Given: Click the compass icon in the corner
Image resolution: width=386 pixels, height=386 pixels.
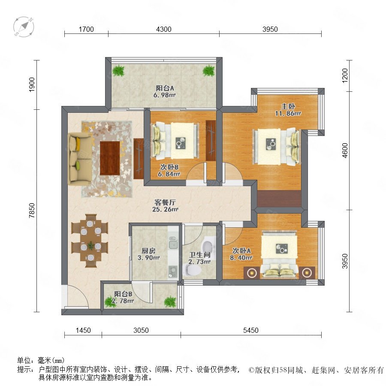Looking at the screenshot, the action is coord(24,27).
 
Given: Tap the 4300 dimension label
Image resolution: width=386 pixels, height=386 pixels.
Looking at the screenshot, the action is coord(164,29).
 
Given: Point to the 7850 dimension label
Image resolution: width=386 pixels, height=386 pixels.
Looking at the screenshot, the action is coord(32,211).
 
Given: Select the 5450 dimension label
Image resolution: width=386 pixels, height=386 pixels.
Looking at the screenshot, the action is coord(251,330).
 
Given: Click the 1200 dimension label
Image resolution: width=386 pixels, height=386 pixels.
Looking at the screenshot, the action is coord(345,75).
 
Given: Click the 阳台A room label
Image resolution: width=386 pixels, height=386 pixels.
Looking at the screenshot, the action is coord(165,88).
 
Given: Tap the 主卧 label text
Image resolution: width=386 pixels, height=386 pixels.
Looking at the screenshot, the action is coord(288,107).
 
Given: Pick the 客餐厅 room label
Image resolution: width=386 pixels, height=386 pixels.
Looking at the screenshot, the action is coord(165,202).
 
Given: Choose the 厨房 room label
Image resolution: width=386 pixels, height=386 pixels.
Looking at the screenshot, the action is coord(148,251).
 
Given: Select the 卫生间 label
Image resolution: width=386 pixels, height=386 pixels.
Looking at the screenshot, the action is coord(199,255).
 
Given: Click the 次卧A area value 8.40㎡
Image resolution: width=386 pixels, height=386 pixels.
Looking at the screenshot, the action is coord(241,258).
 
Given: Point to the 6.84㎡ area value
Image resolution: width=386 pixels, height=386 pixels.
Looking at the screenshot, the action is coord(169,174).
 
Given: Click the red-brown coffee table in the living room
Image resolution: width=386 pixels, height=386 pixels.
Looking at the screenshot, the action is coord(110,158).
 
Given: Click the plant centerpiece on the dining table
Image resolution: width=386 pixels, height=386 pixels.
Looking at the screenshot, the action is coord(91,245).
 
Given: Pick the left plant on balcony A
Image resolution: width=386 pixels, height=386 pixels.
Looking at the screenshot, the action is coord(118,71).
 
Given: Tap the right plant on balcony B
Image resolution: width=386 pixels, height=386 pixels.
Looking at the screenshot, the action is coord(170,302).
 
